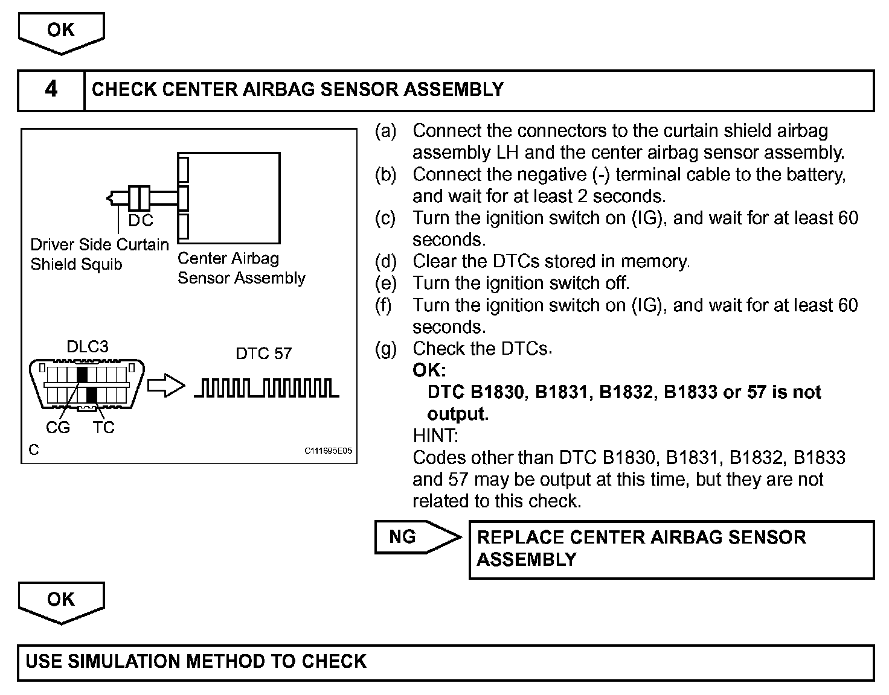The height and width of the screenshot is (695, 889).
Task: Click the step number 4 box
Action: (51, 90)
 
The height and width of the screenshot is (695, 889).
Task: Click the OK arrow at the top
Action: (61, 31)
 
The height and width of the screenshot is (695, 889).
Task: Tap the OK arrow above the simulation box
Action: (61, 601)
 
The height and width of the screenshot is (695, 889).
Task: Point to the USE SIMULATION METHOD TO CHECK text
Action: (196, 661)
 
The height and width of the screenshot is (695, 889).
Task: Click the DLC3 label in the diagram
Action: (88, 347)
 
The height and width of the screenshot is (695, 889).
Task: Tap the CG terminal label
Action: (58, 428)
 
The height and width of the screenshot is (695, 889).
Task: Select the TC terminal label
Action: (104, 428)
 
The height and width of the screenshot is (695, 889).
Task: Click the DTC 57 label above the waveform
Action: (263, 354)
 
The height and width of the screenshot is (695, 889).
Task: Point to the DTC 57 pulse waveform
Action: (266, 388)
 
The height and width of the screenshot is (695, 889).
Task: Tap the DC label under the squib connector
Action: (141, 221)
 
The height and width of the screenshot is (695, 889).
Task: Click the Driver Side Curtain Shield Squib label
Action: (100, 254)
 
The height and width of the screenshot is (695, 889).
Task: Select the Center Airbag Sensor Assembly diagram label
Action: (241, 268)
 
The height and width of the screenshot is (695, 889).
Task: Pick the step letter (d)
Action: (385, 262)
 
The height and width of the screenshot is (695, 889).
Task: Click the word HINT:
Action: (435, 436)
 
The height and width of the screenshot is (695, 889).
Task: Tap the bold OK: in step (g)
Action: (429, 370)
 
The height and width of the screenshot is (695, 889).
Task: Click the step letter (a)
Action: (385, 131)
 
